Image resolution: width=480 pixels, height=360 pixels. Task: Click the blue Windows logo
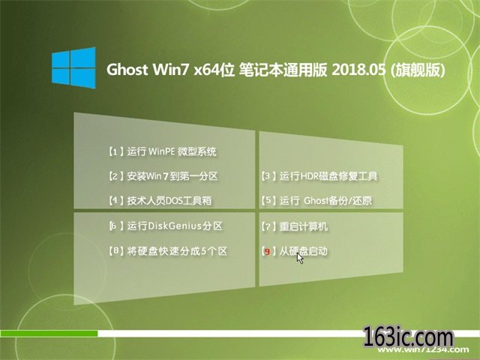pos(73,68)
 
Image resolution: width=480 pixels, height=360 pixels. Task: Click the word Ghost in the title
pos(127,70)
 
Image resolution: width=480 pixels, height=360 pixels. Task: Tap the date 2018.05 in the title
pos(358,70)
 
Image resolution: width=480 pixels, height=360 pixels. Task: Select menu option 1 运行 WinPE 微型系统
pos(162,151)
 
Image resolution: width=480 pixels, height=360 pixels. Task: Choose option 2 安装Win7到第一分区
pos(163,176)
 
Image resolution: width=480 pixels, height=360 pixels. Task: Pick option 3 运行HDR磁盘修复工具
pos(319,176)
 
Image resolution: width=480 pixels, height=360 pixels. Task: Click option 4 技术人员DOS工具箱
pos(160,200)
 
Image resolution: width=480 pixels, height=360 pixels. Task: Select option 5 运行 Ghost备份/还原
pos(316,200)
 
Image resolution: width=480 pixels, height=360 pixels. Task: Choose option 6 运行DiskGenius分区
pos(166,226)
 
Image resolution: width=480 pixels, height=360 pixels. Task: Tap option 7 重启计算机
pos(294,226)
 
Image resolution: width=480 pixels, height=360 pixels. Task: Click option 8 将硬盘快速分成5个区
pos(168,251)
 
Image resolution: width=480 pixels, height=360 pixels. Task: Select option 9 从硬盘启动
pos(294,251)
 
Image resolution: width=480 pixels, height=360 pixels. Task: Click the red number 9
pos(267,252)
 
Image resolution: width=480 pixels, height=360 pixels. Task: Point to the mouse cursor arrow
pos(300,258)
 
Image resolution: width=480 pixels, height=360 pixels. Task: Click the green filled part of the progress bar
pos(49,333)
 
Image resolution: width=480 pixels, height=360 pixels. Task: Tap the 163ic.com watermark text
pos(408,337)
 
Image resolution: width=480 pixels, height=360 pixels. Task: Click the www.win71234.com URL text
pos(423,349)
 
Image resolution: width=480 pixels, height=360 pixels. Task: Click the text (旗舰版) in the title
pos(418,70)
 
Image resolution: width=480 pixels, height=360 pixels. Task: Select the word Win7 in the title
pos(172,70)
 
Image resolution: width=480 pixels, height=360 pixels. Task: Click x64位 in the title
pos(214,70)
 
